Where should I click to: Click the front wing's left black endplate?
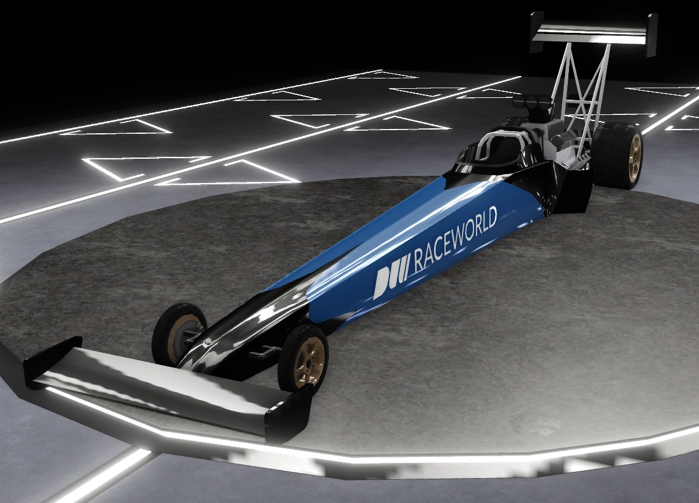[51, 362]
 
